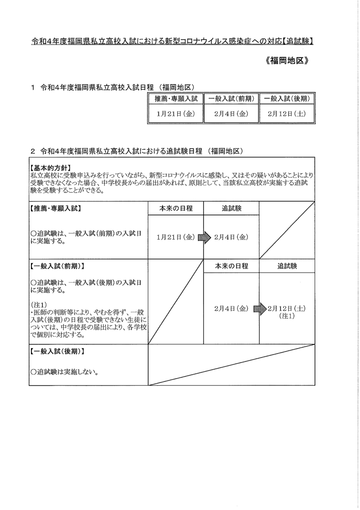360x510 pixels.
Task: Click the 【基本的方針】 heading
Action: [x=51, y=167]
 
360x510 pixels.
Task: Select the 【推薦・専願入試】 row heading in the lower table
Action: [x=56, y=209]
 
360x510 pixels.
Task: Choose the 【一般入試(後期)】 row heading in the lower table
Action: [x=57, y=352]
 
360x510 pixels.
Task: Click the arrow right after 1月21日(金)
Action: [x=204, y=238]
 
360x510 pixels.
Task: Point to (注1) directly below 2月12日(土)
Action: [x=287, y=316]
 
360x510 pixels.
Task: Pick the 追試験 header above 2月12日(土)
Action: [x=287, y=266]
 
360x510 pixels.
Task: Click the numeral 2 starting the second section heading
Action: [x=33, y=151]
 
